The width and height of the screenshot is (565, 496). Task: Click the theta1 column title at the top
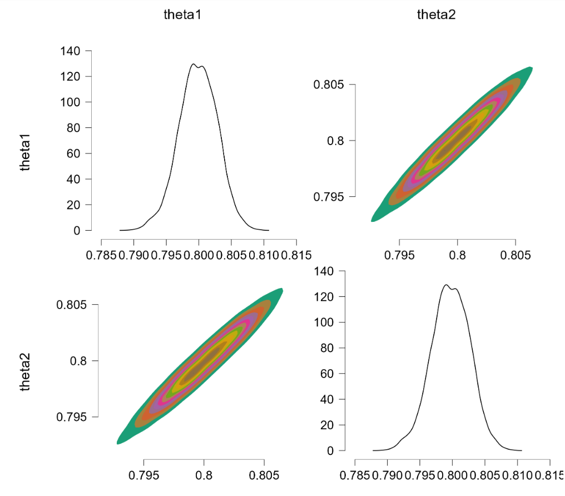[x=182, y=15]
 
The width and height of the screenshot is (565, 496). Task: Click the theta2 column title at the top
[x=436, y=15]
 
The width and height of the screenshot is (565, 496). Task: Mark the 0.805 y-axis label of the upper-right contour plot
[x=329, y=85]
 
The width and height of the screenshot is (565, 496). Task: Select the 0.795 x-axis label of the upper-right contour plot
[x=400, y=255]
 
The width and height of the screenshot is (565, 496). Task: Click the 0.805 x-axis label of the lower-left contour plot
[x=263, y=475]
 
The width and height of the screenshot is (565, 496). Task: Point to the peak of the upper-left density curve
[x=194, y=65]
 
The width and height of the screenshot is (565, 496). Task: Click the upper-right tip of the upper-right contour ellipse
[x=531, y=68]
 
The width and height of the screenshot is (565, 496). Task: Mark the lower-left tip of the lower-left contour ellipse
[x=118, y=442]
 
